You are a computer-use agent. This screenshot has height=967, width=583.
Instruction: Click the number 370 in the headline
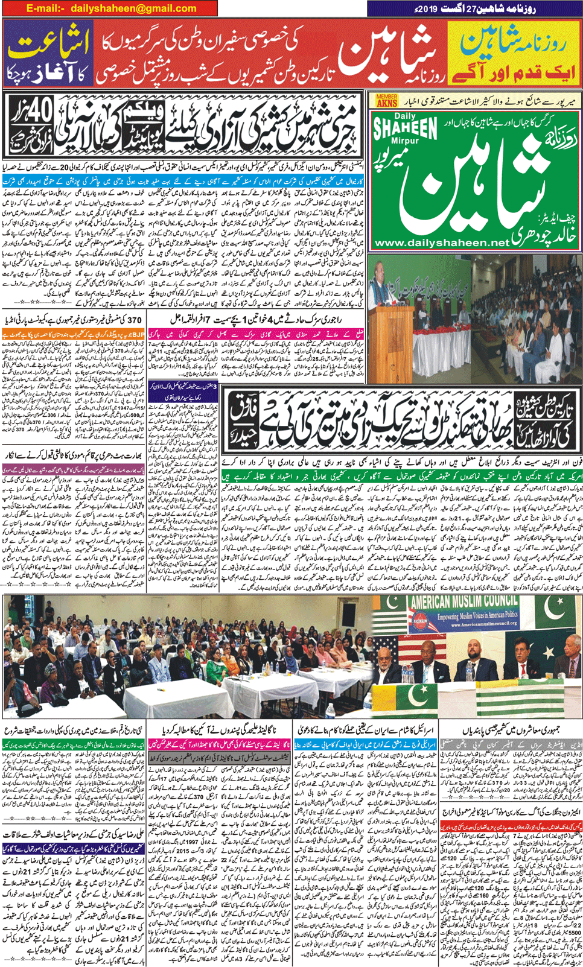pyautogui.click(x=134, y=319)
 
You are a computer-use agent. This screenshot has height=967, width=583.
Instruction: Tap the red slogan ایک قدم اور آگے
pyautogui.click(x=513, y=72)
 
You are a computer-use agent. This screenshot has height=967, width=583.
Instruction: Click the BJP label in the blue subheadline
pyautogui.click(x=138, y=334)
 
